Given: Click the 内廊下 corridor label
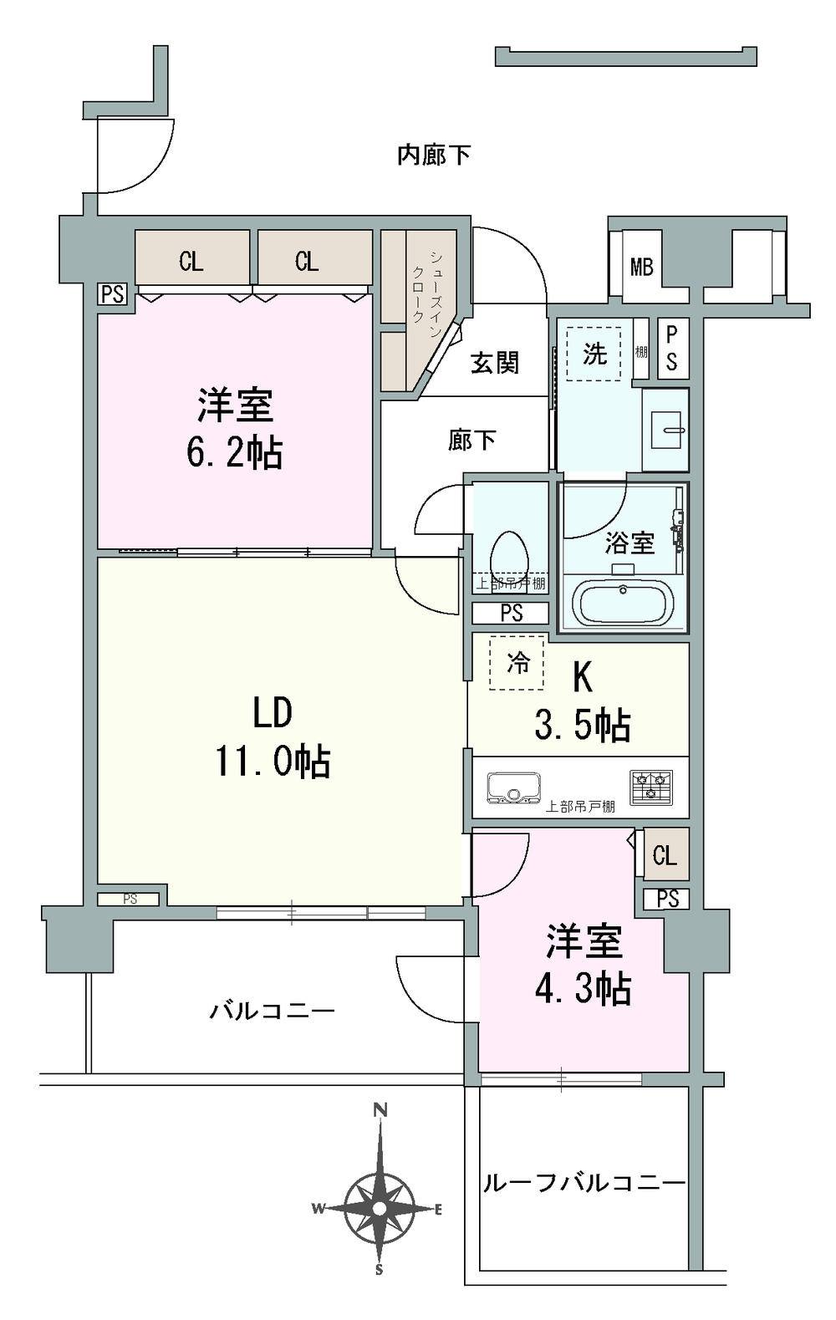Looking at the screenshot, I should point(433,155).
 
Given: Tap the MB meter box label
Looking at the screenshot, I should point(641,268).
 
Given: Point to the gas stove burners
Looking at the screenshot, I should point(651,787).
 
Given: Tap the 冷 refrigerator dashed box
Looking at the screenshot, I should point(517,664).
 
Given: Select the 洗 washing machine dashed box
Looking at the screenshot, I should point(594,354).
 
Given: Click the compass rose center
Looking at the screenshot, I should point(380,1208).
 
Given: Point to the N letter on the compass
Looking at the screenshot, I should point(380,1111).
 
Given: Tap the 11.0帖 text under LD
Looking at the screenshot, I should point(273,761).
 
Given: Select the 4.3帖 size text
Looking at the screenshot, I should point(583,989).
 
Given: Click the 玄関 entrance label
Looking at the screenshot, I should point(495,363).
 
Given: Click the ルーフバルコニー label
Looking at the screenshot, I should point(584,1183).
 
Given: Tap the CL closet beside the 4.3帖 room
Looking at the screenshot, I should point(665,854).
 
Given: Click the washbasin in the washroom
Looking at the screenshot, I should point(666,430).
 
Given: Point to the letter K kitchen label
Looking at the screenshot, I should point(582,678).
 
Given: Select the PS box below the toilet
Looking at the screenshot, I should point(511,614).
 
